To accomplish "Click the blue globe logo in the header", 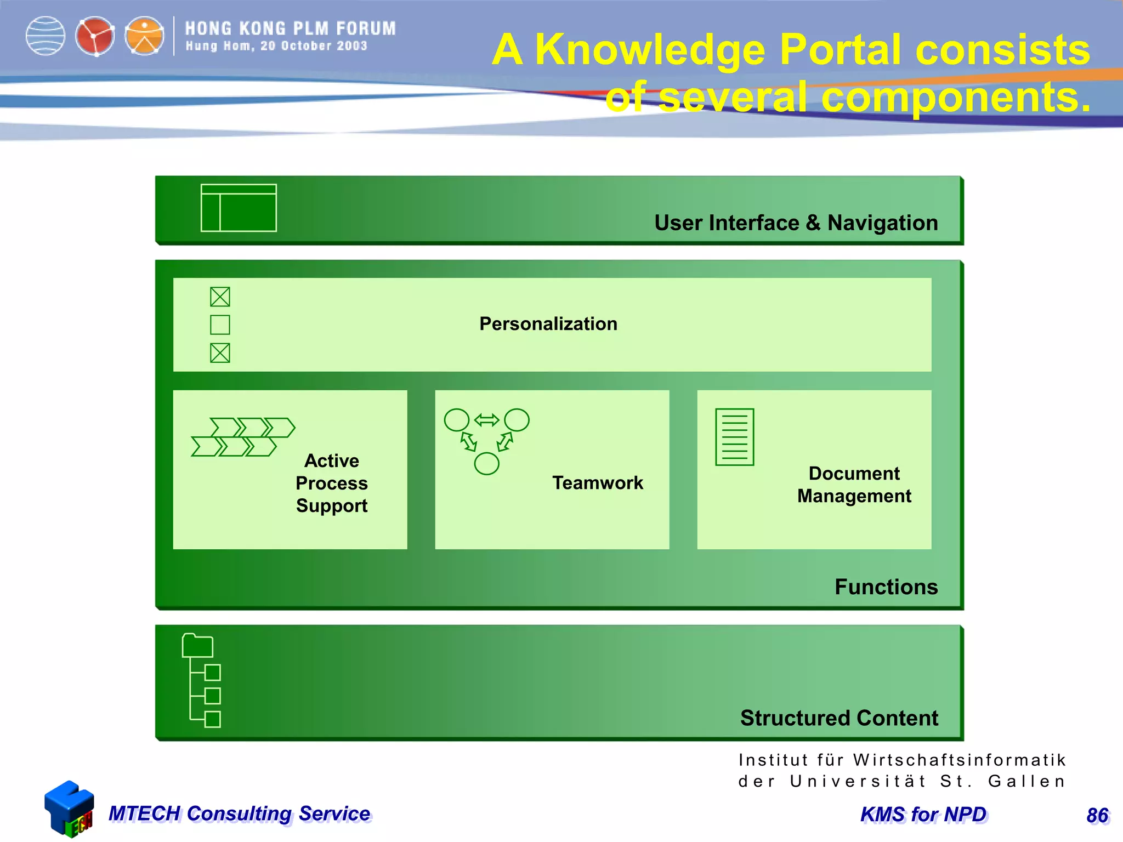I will click(x=46, y=36).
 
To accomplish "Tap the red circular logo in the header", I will click(x=95, y=36).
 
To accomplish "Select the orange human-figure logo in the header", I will click(x=144, y=36).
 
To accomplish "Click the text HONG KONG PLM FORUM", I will click(x=290, y=29).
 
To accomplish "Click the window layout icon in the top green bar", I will click(x=239, y=208).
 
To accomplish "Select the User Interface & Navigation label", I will click(x=796, y=223).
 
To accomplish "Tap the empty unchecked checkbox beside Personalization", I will click(x=220, y=325).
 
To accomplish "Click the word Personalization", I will click(x=548, y=324).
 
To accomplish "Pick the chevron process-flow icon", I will click(x=243, y=437).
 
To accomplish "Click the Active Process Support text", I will click(x=332, y=483).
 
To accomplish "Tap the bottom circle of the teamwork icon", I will click(x=486, y=464).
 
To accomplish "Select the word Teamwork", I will click(x=598, y=483).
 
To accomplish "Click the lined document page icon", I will click(x=734, y=437).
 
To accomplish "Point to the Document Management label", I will click(x=854, y=485).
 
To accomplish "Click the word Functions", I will click(x=886, y=587).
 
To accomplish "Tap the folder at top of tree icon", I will click(x=197, y=646).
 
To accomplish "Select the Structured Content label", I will click(x=839, y=718).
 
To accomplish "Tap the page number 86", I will click(x=1097, y=815).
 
